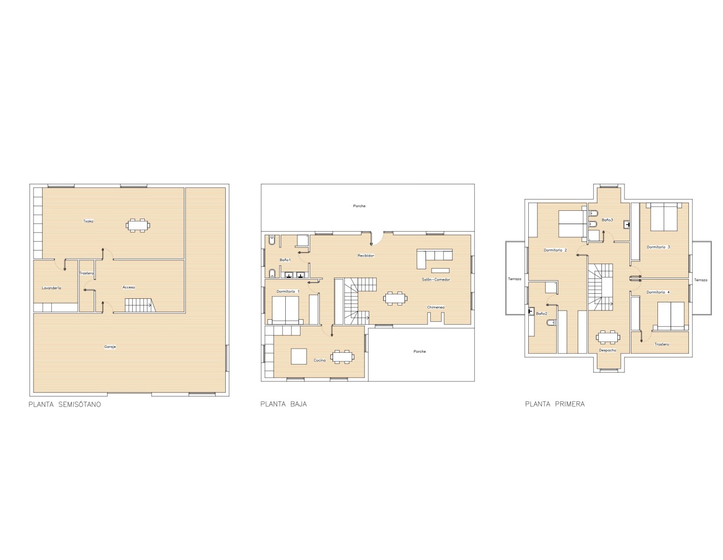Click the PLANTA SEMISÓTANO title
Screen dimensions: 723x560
click(65, 404)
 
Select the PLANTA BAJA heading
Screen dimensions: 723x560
click(284, 404)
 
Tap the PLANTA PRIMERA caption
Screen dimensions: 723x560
click(555, 404)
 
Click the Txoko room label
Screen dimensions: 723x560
click(88, 221)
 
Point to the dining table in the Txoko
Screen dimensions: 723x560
click(138, 226)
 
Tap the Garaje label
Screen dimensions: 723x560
click(110, 347)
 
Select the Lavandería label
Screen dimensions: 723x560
click(51, 288)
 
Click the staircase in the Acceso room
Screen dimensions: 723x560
click(140, 305)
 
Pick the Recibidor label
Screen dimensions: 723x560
click(366, 256)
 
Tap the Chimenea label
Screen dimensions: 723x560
click(436, 307)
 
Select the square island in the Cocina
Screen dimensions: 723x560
click(298, 356)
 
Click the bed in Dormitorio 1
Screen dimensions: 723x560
click(285, 310)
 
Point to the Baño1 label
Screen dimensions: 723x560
click(285, 260)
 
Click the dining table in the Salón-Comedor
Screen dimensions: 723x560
click(395, 298)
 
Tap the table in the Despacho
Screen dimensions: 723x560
click(608, 337)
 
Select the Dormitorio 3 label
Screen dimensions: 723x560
click(658, 247)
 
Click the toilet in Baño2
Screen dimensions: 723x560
click(551, 322)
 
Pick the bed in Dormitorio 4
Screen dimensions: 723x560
click(671, 316)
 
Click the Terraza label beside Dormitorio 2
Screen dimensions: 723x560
click(515, 279)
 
